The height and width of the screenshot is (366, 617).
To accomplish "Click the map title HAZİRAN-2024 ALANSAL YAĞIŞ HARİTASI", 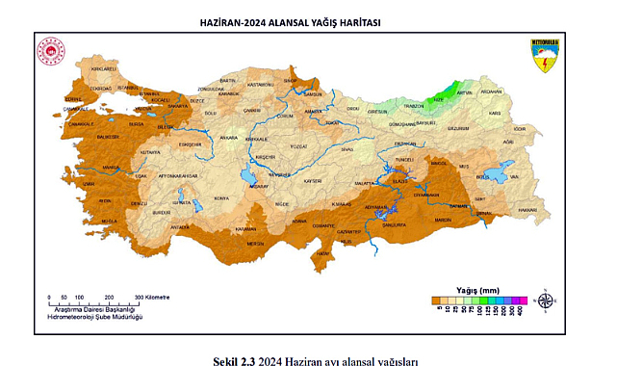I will click(288, 22).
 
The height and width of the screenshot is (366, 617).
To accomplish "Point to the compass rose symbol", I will click(545, 300).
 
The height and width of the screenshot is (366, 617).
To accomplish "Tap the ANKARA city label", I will click(229, 138).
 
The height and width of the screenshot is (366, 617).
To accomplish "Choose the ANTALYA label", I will click(180, 227).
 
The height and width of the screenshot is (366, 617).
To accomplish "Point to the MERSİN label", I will click(255, 244).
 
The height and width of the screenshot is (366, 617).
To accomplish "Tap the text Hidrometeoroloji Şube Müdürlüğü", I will click(95, 316).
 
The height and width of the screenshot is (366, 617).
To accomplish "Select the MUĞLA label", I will click(108, 221).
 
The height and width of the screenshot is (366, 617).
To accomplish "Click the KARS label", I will click(496, 114).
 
